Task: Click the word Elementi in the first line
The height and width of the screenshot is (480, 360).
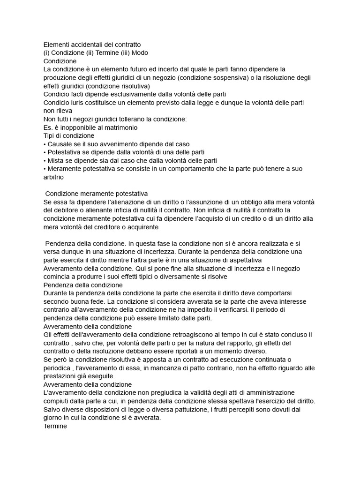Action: [57, 44]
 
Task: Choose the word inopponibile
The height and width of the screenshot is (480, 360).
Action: [74, 127]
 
